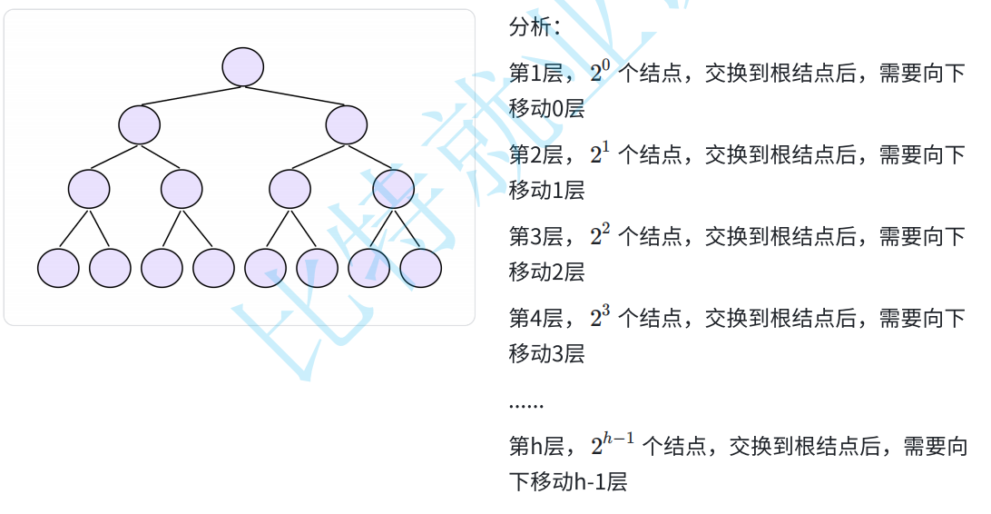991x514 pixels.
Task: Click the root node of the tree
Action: [x=243, y=67]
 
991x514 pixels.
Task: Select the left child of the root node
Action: [x=139, y=125]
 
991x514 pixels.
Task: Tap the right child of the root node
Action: [x=347, y=125]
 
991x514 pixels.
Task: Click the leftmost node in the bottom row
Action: [x=58, y=267]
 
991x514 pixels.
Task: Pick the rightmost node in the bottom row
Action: [x=420, y=267]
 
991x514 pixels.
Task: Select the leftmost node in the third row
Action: [x=89, y=189]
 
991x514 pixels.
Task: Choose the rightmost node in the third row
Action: [x=393, y=189]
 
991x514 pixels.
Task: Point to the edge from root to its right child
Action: [x=295, y=95]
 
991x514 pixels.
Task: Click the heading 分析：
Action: [x=535, y=27]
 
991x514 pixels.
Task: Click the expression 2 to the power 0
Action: [x=600, y=73]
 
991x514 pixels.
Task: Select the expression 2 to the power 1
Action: [x=600, y=154]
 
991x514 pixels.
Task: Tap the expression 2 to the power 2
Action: [x=600, y=236]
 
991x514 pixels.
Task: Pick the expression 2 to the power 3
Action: [x=600, y=318]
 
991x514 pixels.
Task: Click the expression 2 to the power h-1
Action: [x=613, y=445]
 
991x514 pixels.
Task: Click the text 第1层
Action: [x=535, y=74]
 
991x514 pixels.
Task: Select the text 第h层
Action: [x=536, y=446]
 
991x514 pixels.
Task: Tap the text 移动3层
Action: [x=546, y=354]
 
